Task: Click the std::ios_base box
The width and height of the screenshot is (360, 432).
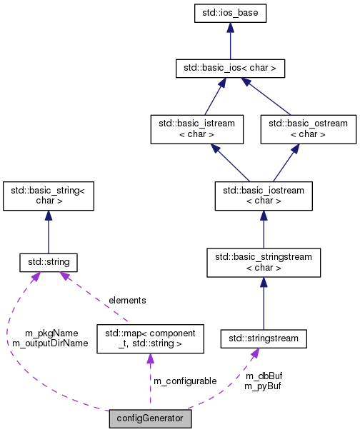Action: [230, 13]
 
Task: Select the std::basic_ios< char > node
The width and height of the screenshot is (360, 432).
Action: [230, 69]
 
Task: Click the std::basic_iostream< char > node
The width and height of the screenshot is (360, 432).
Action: [263, 196]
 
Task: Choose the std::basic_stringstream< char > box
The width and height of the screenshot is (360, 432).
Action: [263, 263]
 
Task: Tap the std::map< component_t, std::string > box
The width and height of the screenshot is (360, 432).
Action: [150, 338]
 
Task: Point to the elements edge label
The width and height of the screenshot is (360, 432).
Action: [127, 301]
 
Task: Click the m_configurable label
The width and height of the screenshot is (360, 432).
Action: [186, 381]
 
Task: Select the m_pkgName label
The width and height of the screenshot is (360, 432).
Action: [51, 333]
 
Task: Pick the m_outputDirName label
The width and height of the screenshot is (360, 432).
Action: [50, 343]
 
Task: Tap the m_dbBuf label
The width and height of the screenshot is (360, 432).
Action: [261, 376]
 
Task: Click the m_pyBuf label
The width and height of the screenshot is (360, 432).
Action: [261, 386]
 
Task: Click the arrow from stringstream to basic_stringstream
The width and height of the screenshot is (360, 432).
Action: [263, 303]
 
